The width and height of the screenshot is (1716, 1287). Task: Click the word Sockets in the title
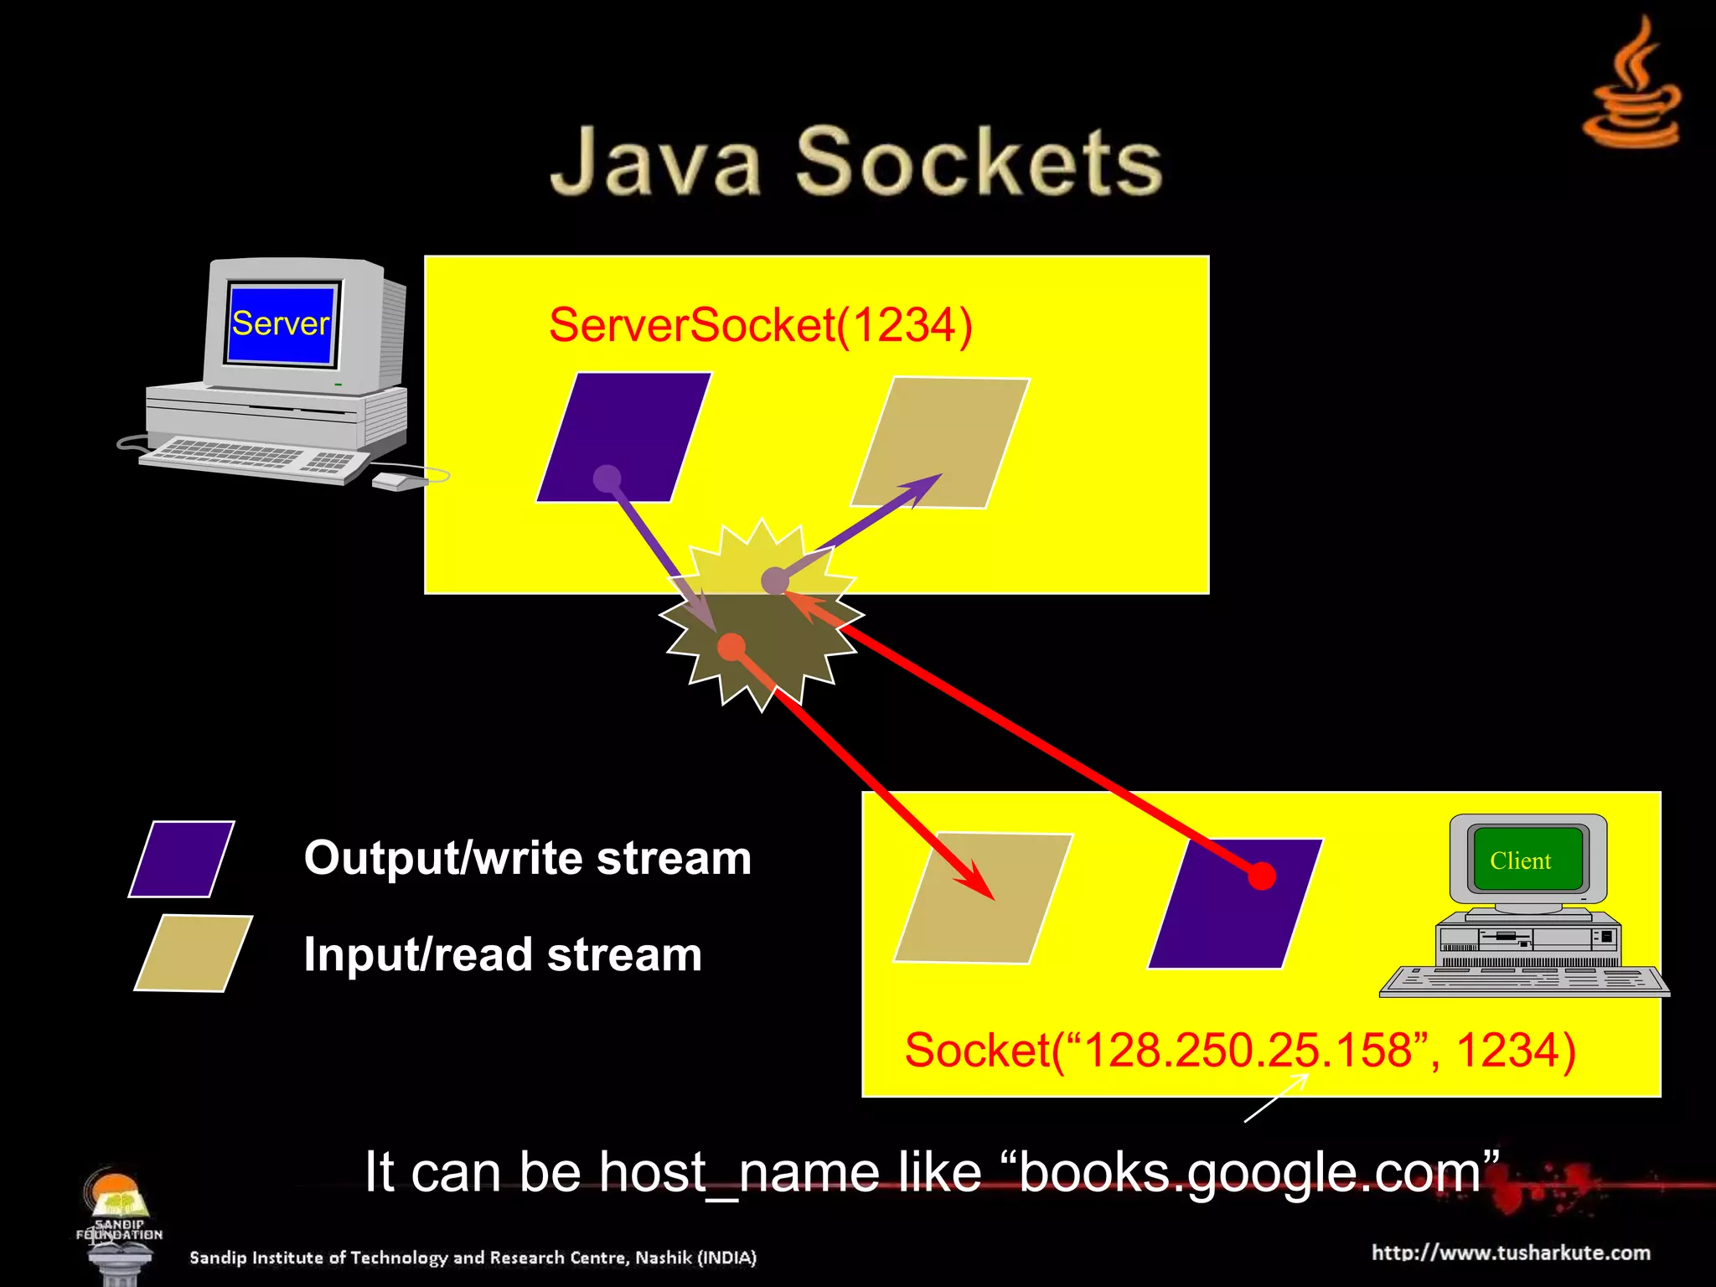click(978, 162)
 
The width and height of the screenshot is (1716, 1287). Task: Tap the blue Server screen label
click(281, 323)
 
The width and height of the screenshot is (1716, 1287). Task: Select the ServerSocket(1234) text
click(760, 325)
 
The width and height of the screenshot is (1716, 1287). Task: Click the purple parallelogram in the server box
click(624, 437)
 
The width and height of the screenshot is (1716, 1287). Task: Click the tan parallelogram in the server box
click(940, 442)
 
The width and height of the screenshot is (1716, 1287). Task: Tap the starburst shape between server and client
click(762, 616)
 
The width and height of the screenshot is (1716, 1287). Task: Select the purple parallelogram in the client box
click(1234, 904)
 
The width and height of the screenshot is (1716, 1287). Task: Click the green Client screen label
click(1520, 861)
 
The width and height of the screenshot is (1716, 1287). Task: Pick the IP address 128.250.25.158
click(1248, 1050)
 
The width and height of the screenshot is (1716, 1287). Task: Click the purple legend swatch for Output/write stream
click(182, 859)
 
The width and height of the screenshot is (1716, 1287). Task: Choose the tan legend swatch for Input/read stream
click(194, 953)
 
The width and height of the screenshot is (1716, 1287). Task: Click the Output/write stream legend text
click(528, 858)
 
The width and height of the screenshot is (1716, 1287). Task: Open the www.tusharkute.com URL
click(1511, 1253)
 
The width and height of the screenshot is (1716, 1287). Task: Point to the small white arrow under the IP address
click(1276, 1097)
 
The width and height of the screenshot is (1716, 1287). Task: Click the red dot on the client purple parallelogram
click(1261, 876)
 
